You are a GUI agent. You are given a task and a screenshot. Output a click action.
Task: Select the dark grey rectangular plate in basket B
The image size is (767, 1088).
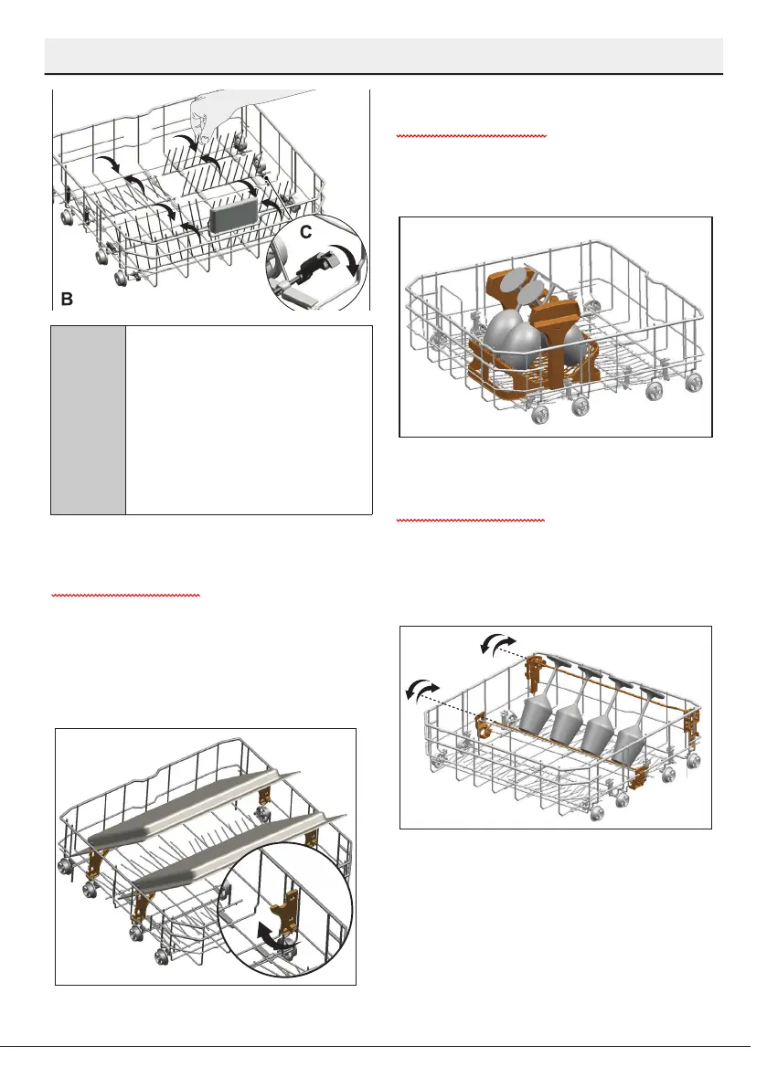click(232, 217)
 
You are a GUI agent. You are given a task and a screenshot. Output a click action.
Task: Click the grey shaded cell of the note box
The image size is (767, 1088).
click(88, 420)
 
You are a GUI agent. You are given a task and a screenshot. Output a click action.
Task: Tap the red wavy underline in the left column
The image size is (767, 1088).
click(126, 595)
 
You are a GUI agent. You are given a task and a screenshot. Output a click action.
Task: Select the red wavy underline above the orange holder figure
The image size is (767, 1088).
click(471, 135)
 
